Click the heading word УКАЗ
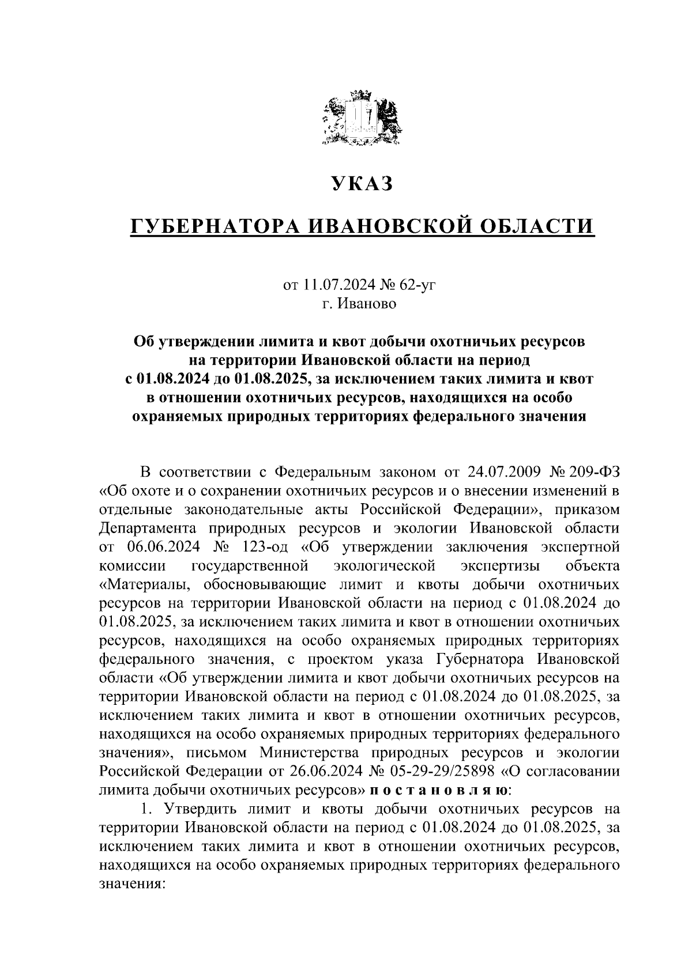(362, 184)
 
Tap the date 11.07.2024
(335, 284)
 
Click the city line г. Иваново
(359, 303)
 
